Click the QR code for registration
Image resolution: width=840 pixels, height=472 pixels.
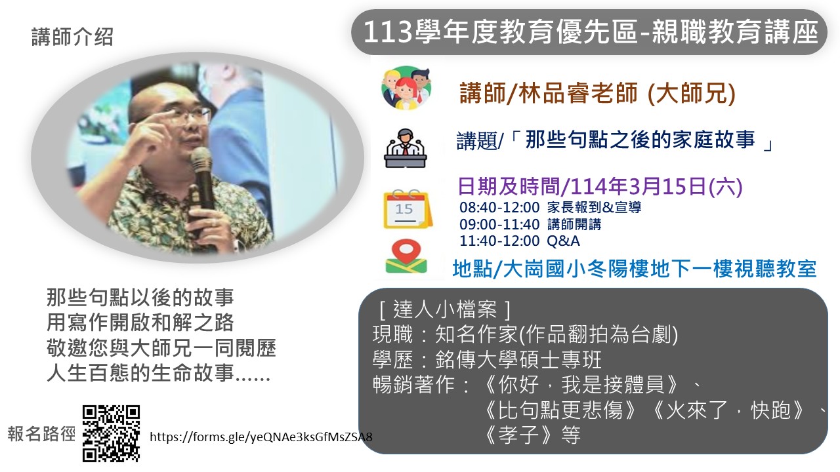pos(111,433)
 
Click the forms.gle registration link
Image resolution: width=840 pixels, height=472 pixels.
pos(261,437)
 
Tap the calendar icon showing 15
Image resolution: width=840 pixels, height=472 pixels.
pos(408,209)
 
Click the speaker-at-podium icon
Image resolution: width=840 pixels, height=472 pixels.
pos(406,148)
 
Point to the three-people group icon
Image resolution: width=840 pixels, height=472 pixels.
pos(406,88)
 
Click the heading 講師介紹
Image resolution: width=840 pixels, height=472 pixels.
pos(72,37)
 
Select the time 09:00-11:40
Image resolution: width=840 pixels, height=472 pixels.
pos(499,224)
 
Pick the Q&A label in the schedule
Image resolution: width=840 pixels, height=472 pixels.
pos(563,241)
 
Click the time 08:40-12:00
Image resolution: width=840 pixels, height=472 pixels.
pos(499,207)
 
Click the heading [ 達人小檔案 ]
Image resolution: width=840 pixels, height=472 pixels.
pos(445,309)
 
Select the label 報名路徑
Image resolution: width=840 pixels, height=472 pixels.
pos(41,434)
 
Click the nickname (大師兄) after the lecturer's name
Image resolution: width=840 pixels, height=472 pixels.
pos(692,93)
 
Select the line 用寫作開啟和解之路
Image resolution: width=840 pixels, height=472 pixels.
pos(140,323)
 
